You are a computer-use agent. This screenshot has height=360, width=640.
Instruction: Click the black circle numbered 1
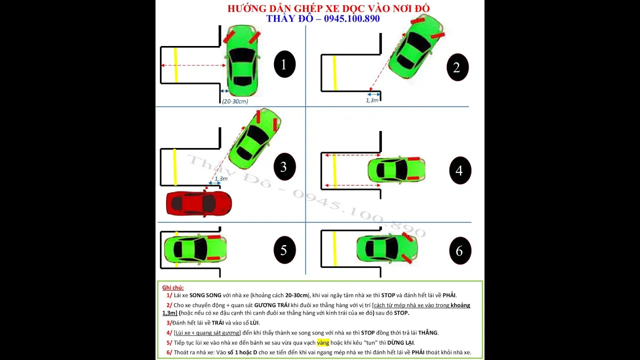[284, 64]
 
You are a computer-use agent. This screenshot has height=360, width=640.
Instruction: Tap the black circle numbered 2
[457, 67]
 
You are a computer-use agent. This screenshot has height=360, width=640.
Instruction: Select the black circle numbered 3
[284, 166]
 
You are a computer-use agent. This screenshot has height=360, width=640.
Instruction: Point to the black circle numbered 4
[459, 170]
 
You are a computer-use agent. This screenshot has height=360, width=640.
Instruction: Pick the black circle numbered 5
[284, 250]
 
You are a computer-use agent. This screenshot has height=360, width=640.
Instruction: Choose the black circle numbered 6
[459, 250]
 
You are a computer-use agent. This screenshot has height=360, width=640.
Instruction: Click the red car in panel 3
[199, 203]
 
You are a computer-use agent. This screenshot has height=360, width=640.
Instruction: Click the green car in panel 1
[242, 60]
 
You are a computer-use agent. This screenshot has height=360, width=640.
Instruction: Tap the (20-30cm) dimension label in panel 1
[235, 101]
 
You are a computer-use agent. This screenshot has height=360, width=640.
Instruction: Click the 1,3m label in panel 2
[372, 100]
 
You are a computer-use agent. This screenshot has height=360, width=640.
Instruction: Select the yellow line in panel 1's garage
[175, 65]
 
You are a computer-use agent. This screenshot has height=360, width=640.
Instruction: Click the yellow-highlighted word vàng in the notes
[323, 342]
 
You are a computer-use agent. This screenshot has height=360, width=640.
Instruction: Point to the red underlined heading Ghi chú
[173, 287]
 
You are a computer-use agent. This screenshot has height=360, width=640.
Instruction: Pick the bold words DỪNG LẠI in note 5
[400, 342]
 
